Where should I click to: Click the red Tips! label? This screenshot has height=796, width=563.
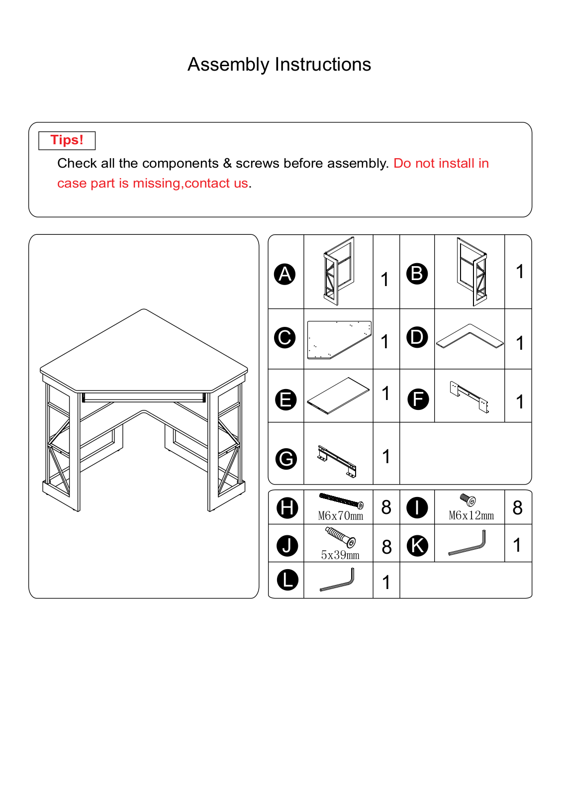pos(67,140)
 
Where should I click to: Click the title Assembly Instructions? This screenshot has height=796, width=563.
pos(279,65)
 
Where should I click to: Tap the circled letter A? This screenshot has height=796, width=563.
pos(285,274)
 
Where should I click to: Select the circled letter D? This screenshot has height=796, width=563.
pos(417,337)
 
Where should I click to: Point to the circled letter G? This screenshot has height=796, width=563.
pos(286,459)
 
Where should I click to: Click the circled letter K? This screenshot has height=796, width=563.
pos(417,546)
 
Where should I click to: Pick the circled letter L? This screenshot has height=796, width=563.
pos(287,580)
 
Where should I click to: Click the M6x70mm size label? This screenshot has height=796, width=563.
pos(340,515)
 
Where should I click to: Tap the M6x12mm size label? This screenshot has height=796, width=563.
pos(471,515)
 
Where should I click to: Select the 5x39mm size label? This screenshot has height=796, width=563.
pos(340,555)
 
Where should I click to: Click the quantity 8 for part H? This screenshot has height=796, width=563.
pos(386,507)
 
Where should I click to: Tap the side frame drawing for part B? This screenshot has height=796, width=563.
pos(472,272)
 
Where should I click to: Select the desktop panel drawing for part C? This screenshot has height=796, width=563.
pos(339,340)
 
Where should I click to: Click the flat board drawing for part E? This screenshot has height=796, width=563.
pos(338,396)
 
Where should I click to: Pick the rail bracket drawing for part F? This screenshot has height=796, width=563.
pos(469,397)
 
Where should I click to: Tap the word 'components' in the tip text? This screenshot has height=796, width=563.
pos(180,164)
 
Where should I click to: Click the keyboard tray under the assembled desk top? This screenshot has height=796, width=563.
pos(144,398)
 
